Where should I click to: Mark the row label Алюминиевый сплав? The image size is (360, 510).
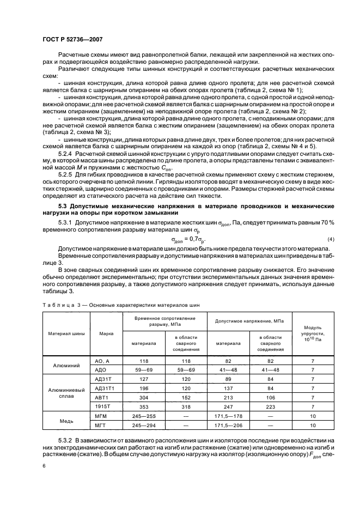pos(63,393)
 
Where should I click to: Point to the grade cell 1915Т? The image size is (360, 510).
pos(103,407)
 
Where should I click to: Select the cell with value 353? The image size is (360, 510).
pos(144,407)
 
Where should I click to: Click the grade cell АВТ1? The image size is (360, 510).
pos(103,398)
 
